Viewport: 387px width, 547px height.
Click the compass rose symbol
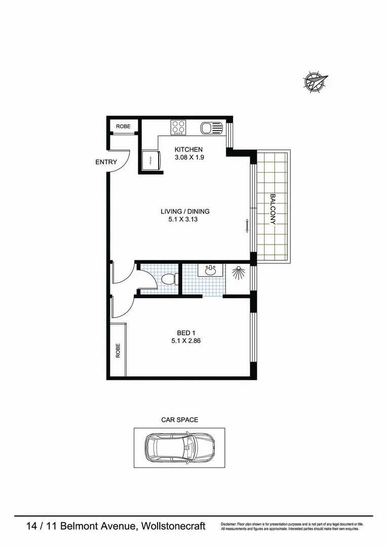pyautogui.click(x=315, y=81)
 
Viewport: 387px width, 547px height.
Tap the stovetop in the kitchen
pyautogui.click(x=178, y=127)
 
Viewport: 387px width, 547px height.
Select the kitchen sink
pyautogui.click(x=211, y=128)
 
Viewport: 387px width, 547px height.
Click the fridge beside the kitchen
pyautogui.click(x=150, y=160)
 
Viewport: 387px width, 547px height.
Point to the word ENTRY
pyautogui.click(x=106, y=162)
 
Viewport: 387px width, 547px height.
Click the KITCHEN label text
pyautogui.click(x=188, y=149)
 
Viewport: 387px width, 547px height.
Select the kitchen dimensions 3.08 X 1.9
pyautogui.click(x=188, y=157)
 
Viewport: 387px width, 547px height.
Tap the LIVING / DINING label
pyautogui.click(x=185, y=212)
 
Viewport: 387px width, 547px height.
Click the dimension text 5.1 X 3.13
pyautogui.click(x=185, y=220)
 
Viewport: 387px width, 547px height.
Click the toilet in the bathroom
pyautogui.click(x=168, y=279)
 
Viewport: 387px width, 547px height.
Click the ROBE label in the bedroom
pyautogui.click(x=118, y=350)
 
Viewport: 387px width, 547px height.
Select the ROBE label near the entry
pyautogui.click(x=123, y=127)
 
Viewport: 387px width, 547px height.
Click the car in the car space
pyautogui.click(x=178, y=448)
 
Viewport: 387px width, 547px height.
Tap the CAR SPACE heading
pyautogui.click(x=179, y=420)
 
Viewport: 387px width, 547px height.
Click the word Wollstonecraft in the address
pyautogui.click(x=174, y=526)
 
